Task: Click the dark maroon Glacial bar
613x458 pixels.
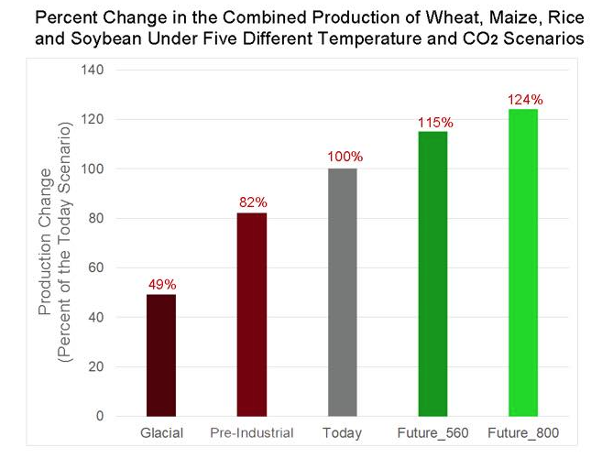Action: click(161, 355)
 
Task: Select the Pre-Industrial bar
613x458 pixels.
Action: click(252, 314)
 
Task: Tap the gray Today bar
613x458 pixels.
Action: click(343, 292)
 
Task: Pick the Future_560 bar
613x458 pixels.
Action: click(432, 274)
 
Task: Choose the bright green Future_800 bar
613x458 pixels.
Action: click(523, 263)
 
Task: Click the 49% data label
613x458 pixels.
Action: click(161, 284)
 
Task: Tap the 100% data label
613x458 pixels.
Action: click(345, 158)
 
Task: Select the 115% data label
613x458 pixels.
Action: click(434, 121)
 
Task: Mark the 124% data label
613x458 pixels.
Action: click(525, 99)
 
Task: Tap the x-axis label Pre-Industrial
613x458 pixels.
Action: click(252, 432)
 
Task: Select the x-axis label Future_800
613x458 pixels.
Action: click(523, 432)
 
